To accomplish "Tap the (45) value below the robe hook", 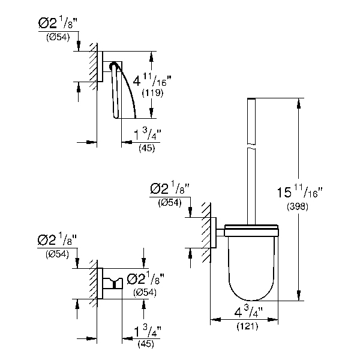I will [146, 343].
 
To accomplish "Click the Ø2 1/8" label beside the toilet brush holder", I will [170, 190].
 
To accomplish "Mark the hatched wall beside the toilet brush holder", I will [206, 231].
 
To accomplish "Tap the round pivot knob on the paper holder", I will [113, 67].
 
